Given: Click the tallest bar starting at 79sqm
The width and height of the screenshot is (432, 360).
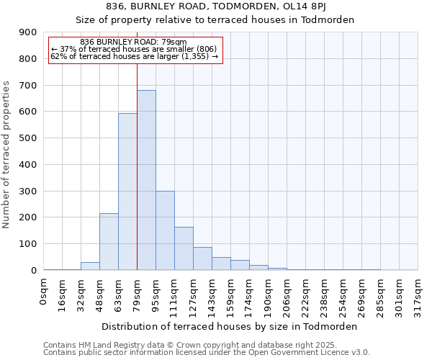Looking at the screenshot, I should click(146, 180).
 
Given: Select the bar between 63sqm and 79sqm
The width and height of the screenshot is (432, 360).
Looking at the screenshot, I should click(127, 192).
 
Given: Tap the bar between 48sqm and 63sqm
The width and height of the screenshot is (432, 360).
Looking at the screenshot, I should click(109, 241).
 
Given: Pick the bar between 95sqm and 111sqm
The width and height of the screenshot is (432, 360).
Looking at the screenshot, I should click(165, 230).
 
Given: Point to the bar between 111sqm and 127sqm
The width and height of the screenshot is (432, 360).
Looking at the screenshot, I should click(184, 248).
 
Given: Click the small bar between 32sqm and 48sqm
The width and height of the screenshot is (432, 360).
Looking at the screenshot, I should click(90, 266).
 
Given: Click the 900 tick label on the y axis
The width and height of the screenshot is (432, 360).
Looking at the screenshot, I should click(27, 32).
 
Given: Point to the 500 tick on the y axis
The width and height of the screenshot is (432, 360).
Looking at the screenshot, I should click(27, 138).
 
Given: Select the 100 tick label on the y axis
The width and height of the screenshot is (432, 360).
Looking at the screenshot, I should click(27, 244).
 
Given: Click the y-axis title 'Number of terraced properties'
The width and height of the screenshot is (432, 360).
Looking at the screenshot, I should click(6, 155).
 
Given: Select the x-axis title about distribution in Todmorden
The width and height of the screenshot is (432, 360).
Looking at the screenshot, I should click(230, 326).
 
